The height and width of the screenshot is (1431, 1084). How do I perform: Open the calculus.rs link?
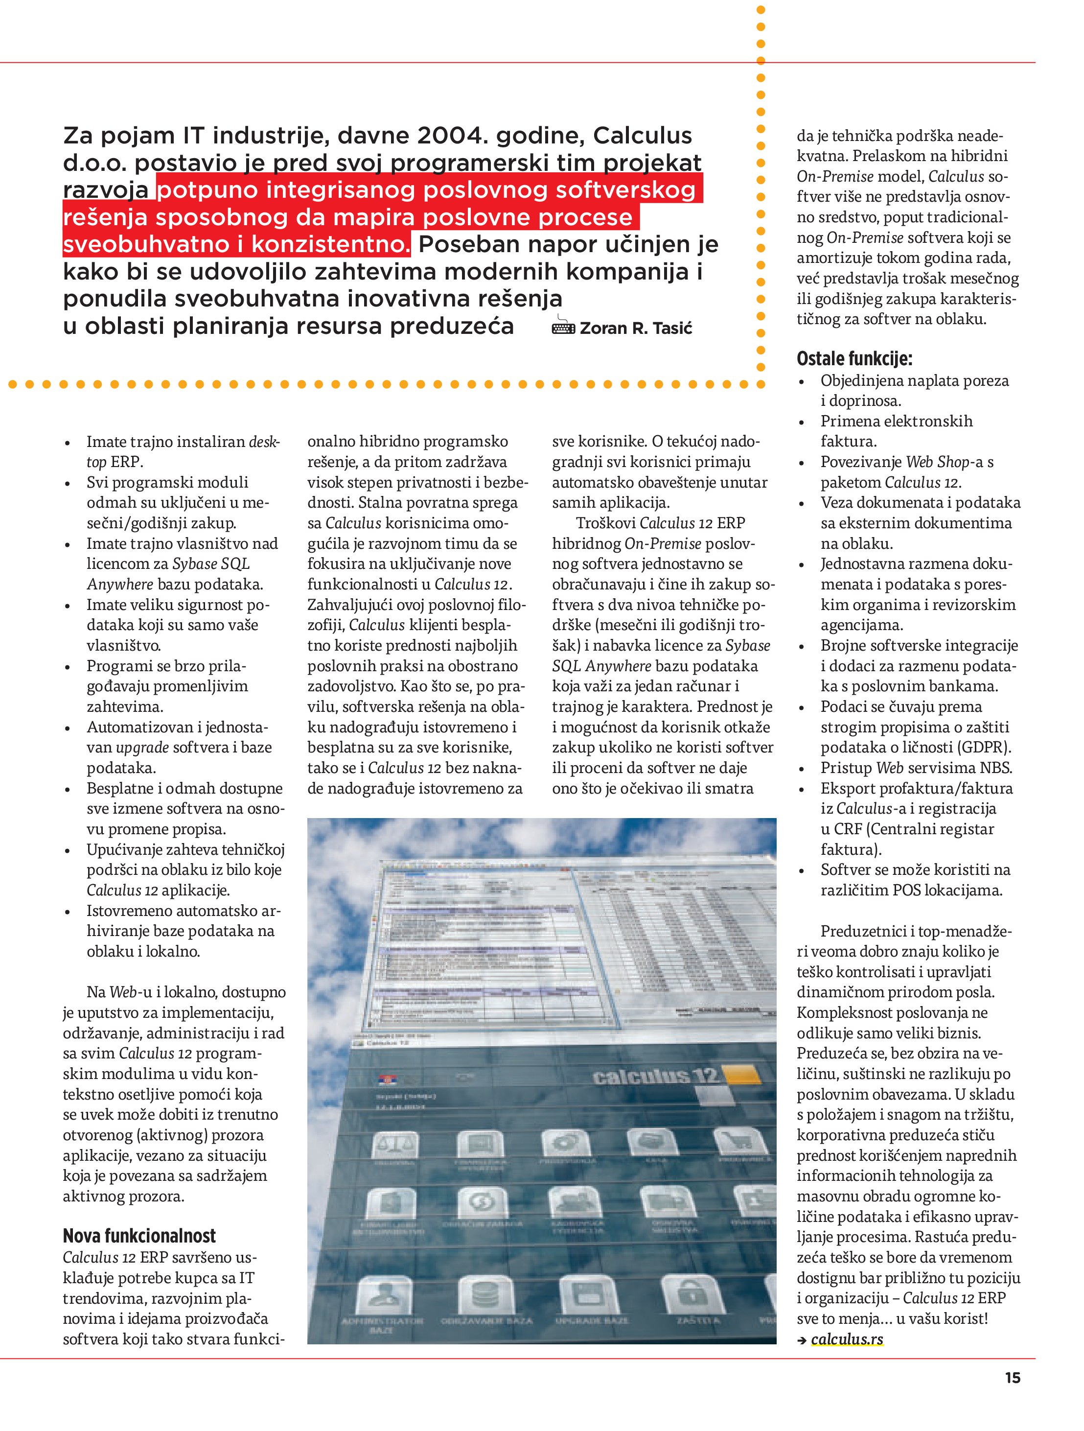847,1338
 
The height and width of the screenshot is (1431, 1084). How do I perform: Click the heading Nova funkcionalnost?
139,1236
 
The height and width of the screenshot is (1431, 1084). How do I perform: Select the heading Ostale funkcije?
854,358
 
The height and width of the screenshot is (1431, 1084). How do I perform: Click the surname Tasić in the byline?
672,328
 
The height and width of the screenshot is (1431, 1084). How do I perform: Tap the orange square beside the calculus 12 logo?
742,1074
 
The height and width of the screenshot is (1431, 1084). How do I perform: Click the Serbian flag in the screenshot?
386,1078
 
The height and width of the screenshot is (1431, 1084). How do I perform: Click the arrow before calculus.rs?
802,1340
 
